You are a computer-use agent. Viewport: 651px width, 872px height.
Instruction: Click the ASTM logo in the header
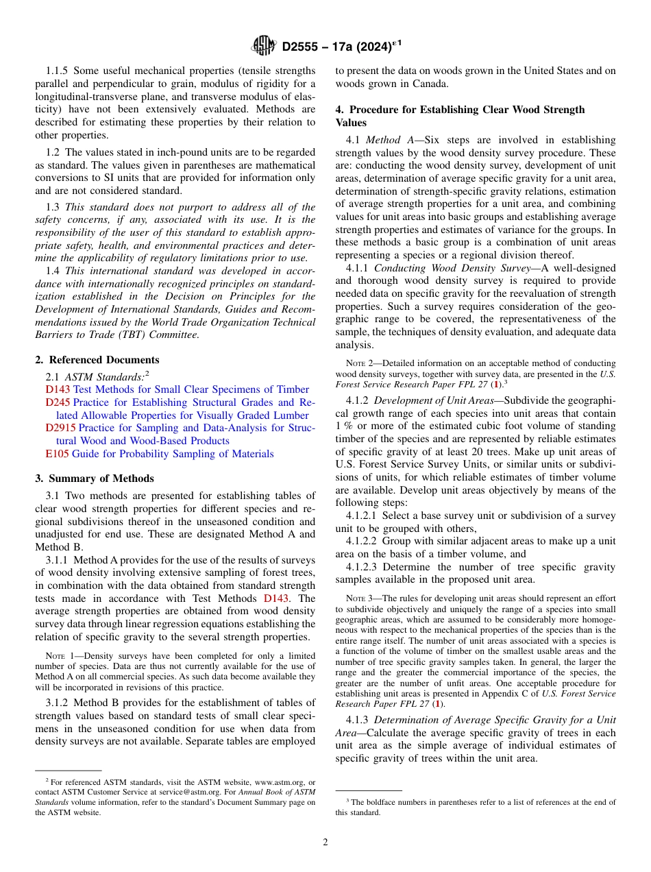[264, 47]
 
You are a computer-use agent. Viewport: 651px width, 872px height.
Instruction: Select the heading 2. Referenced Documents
[97, 360]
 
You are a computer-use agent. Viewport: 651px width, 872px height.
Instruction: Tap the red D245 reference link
[58, 402]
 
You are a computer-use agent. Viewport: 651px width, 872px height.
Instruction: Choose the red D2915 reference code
[60, 428]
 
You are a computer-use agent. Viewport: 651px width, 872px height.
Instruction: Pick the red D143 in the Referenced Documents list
[58, 389]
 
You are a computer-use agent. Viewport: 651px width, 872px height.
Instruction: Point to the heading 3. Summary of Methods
[95, 479]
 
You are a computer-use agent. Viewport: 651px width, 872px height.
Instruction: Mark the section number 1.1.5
[57, 71]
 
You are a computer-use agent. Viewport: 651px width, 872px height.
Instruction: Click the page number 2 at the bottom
[325, 843]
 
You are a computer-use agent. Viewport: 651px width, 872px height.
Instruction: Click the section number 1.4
[53, 271]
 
